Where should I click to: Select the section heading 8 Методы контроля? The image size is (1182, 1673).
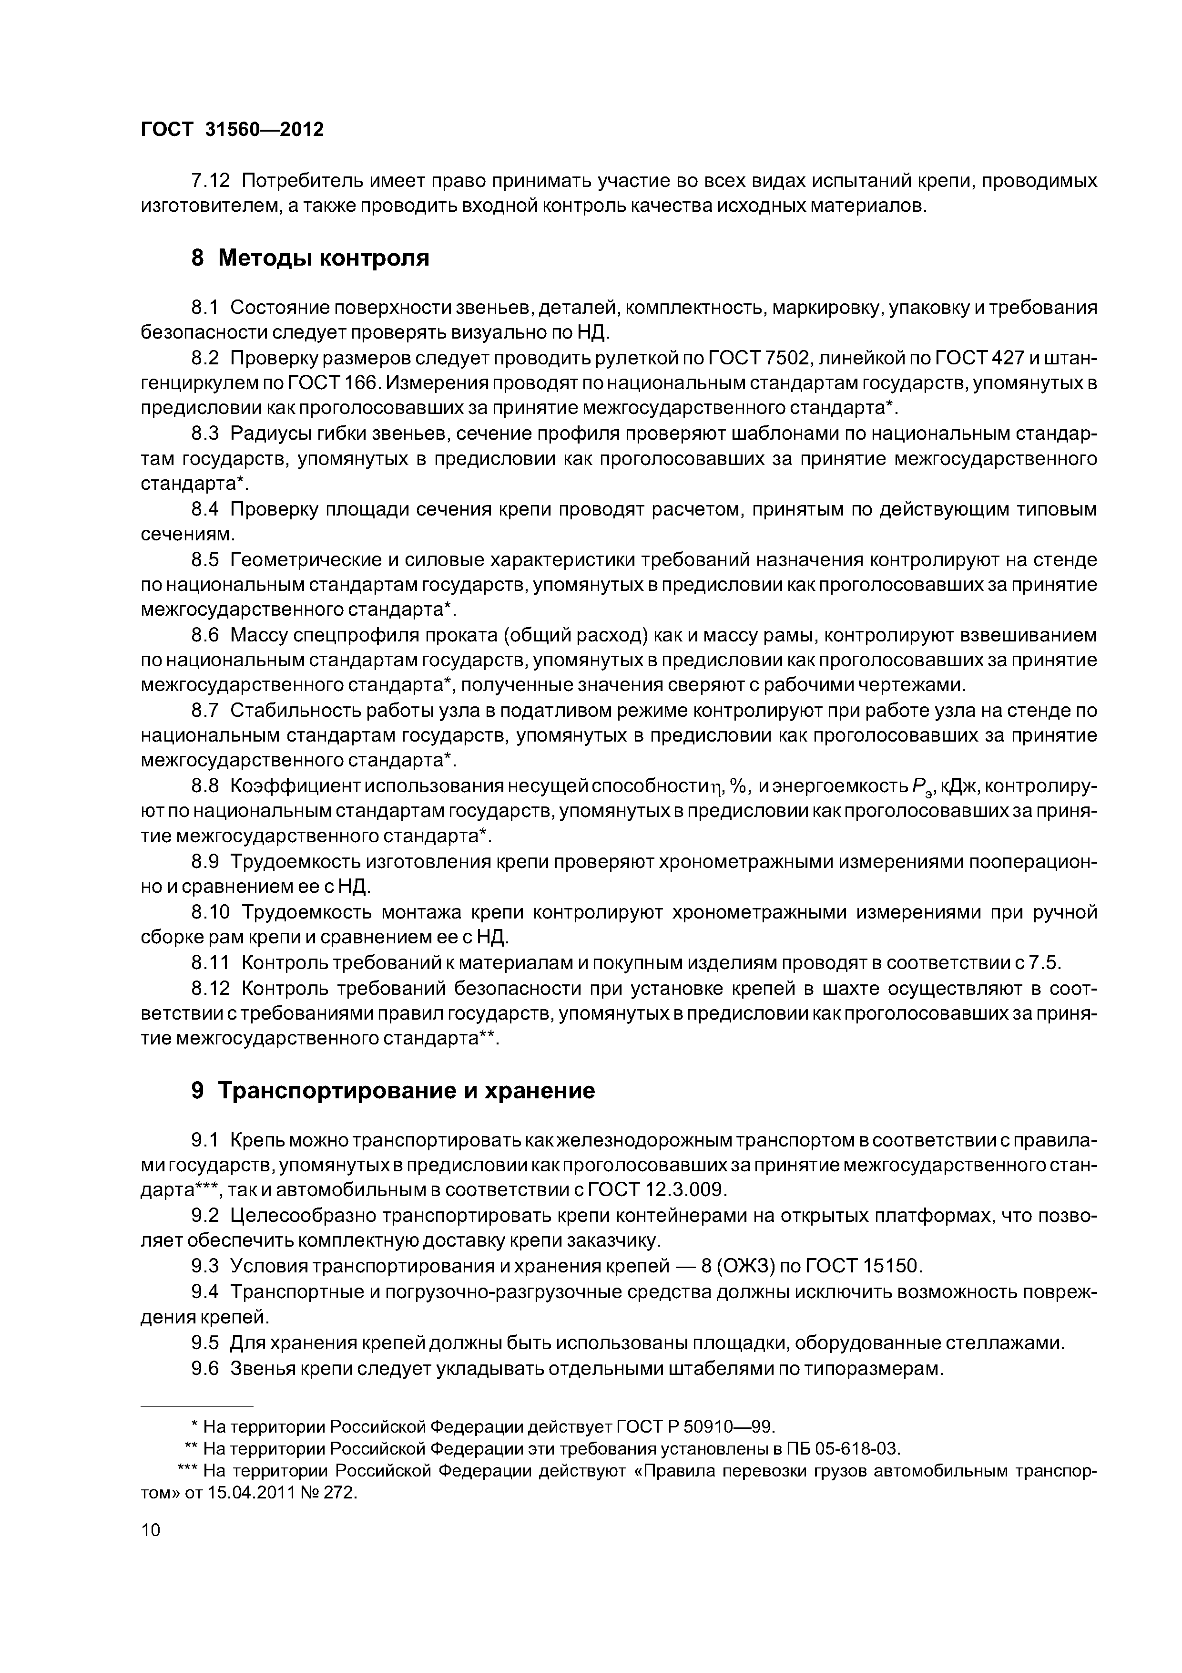click(x=309, y=257)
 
